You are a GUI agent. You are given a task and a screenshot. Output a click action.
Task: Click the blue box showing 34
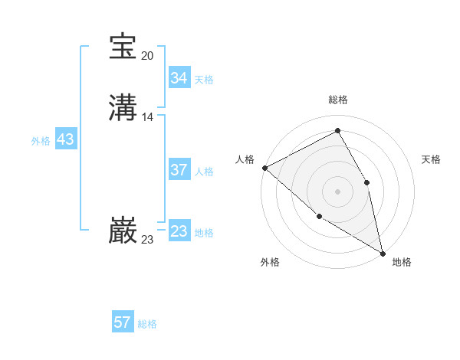click(x=179, y=78)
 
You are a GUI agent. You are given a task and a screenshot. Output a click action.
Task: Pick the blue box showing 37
click(x=179, y=170)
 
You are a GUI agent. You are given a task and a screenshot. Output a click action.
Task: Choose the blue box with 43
click(x=65, y=140)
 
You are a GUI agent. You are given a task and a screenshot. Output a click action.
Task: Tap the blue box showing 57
click(x=123, y=322)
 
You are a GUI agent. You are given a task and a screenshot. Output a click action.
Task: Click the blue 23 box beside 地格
click(x=179, y=231)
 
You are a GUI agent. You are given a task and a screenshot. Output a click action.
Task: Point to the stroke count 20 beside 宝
click(x=148, y=56)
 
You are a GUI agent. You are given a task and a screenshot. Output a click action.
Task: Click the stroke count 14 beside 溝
click(x=148, y=117)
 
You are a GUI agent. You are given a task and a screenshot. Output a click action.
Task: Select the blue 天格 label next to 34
click(x=204, y=80)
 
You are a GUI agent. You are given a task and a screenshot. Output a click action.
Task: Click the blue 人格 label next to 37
click(x=204, y=172)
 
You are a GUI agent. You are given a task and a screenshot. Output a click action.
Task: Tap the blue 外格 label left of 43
click(x=41, y=141)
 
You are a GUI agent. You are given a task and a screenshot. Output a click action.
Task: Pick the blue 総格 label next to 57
click(x=147, y=324)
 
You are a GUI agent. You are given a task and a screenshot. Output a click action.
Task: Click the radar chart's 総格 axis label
click(x=338, y=100)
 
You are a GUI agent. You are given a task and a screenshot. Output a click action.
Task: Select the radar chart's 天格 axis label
click(x=432, y=159)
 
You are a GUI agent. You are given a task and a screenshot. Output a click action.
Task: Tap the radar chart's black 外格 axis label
click(x=270, y=262)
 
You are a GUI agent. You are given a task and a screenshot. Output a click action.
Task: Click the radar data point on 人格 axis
click(x=264, y=168)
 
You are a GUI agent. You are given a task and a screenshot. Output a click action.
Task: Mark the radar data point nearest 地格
click(x=383, y=253)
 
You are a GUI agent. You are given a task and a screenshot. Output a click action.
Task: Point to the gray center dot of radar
click(x=337, y=191)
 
